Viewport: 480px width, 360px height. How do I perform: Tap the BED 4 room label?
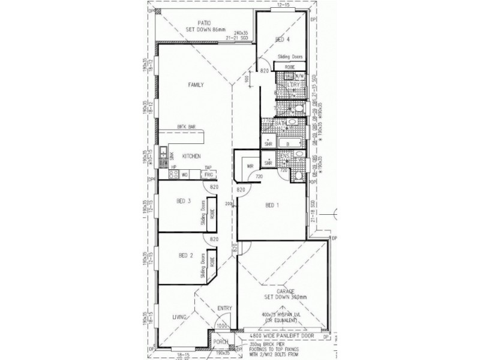(282, 40)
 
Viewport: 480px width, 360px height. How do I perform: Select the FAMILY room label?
(196, 85)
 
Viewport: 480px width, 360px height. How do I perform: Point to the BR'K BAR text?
(187, 127)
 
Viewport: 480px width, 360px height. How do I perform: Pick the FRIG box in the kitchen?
(209, 175)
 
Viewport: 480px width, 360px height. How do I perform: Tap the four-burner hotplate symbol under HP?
(173, 175)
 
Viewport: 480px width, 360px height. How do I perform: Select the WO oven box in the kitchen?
(185, 175)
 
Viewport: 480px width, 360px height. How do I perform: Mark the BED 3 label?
(185, 201)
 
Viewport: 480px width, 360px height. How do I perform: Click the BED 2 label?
(185, 256)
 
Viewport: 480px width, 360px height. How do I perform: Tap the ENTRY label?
(224, 308)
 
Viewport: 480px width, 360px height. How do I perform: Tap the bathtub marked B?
(289, 144)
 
